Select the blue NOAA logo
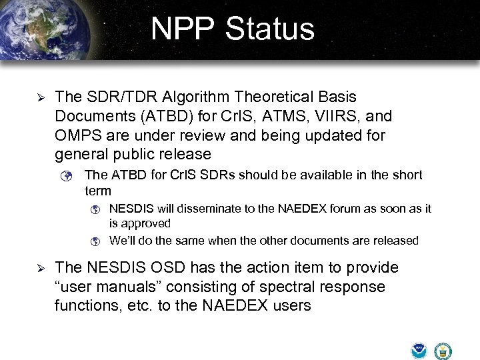[419, 351]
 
